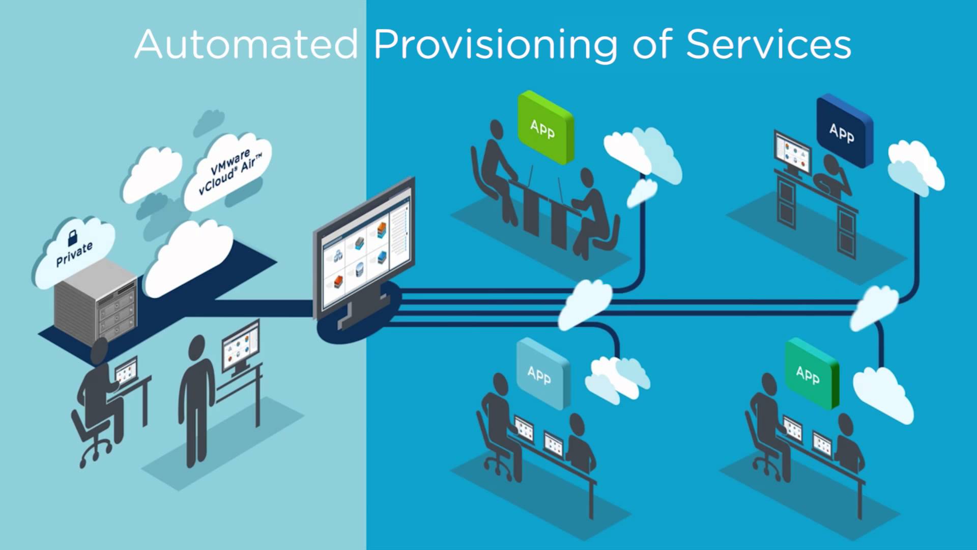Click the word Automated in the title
(x=246, y=45)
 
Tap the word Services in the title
(x=768, y=45)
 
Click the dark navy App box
(x=844, y=131)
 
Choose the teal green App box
(x=810, y=374)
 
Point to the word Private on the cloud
(x=74, y=254)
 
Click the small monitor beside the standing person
(x=241, y=347)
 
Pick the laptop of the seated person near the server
(x=125, y=371)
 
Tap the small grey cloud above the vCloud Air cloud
(x=209, y=122)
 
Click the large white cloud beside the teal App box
(x=883, y=395)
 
